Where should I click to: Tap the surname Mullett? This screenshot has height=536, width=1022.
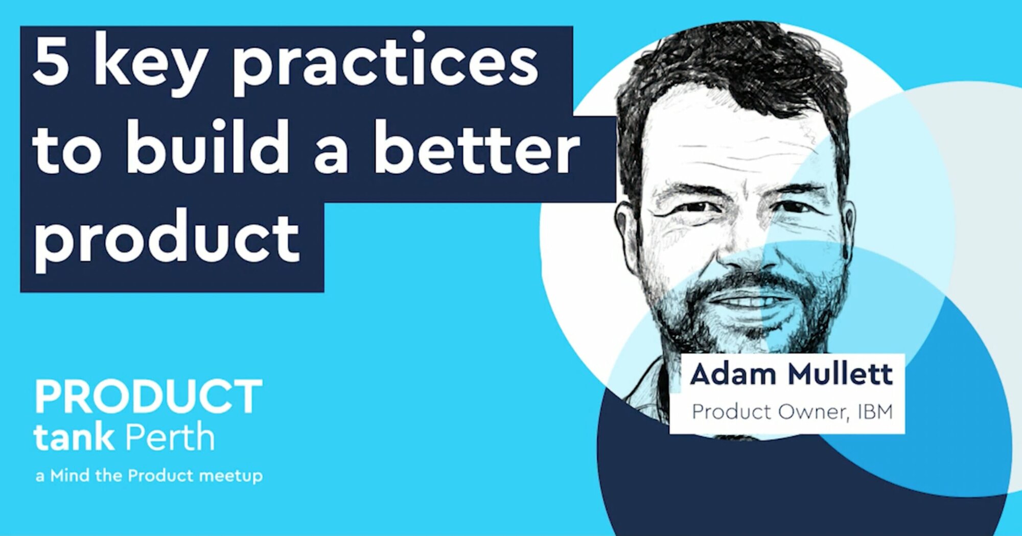tap(840, 374)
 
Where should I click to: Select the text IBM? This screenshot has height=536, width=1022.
tap(875, 411)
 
